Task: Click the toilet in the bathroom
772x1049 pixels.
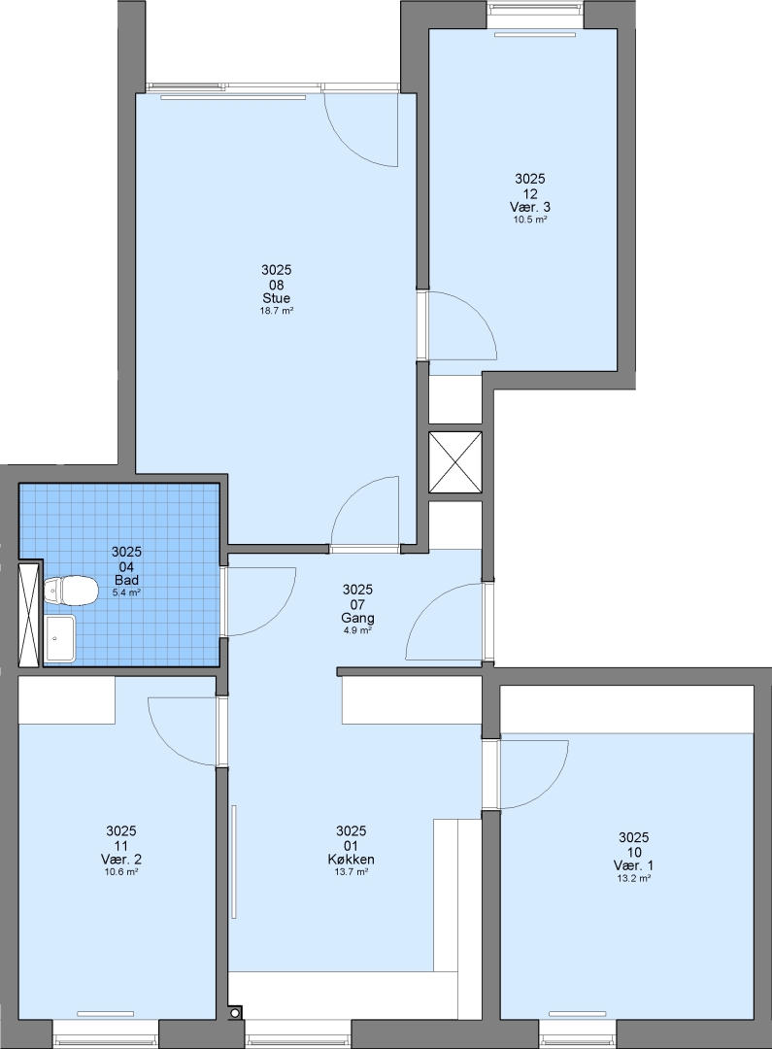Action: coord(69,592)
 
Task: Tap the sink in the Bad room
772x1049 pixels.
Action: coord(60,639)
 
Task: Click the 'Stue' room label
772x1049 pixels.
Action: coord(277,298)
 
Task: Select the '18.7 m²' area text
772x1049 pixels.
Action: coord(277,311)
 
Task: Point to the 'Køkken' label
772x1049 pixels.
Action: coord(352,859)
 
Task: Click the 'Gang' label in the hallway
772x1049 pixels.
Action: coord(358,618)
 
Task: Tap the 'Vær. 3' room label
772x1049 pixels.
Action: coord(530,207)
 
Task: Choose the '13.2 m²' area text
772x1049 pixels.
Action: coord(634,878)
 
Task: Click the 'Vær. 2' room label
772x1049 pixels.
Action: coord(121,859)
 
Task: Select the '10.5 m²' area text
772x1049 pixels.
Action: coord(530,220)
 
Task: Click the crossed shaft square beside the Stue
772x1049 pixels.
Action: coord(454,462)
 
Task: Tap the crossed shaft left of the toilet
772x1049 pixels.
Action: coord(30,616)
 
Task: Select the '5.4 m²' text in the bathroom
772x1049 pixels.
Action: coord(126,592)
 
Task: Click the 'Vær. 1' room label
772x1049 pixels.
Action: coord(633,865)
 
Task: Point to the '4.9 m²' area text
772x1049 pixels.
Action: coord(358,630)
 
